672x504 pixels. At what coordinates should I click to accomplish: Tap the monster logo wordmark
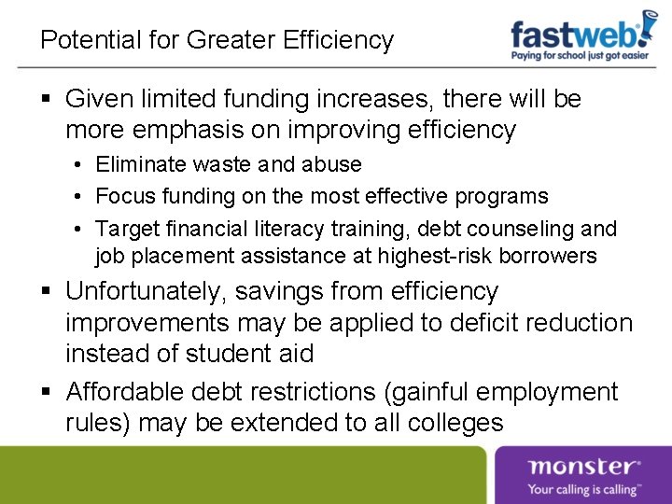pyautogui.click(x=583, y=467)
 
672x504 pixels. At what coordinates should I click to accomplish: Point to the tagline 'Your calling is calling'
pyautogui.click(x=583, y=488)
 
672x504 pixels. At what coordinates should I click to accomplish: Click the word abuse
pyautogui.click(x=330, y=165)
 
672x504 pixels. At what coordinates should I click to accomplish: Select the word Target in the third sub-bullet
pyautogui.click(x=125, y=229)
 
